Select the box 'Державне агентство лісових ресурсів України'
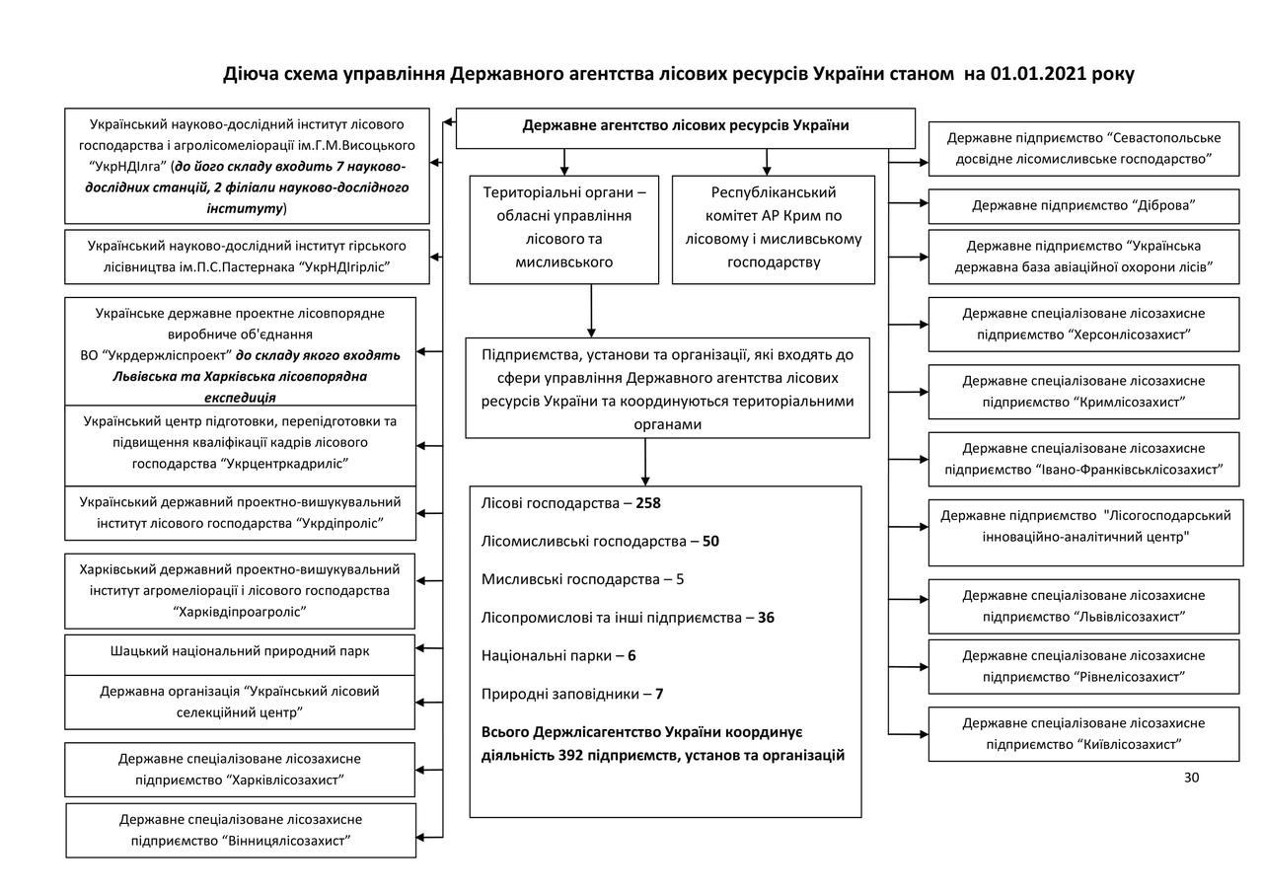point(685,126)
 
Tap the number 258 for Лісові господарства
point(648,503)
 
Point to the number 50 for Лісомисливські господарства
point(710,542)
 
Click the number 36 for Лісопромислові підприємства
point(766,618)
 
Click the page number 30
point(1191,778)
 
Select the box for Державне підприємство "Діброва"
point(1083,205)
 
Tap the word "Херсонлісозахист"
point(1129,335)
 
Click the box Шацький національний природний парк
point(240,651)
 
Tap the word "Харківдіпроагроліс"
point(240,612)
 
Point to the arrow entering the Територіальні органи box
point(565,168)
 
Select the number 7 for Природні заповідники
point(659,694)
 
